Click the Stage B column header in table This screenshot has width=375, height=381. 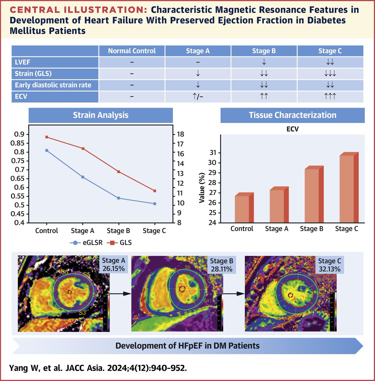click(264, 51)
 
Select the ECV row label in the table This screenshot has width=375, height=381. click(21, 97)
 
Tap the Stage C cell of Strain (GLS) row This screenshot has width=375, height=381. click(330, 74)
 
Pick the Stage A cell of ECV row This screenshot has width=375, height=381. click(198, 97)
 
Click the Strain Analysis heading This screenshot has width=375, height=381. click(101, 115)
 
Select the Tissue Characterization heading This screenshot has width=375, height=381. click(292, 115)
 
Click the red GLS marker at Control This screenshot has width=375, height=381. click(47, 137)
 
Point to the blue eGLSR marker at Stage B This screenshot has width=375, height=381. click(119, 198)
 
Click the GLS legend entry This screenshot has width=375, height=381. click(121, 243)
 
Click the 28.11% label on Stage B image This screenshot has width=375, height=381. click(222, 269)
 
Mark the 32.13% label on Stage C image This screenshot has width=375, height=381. click(330, 269)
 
